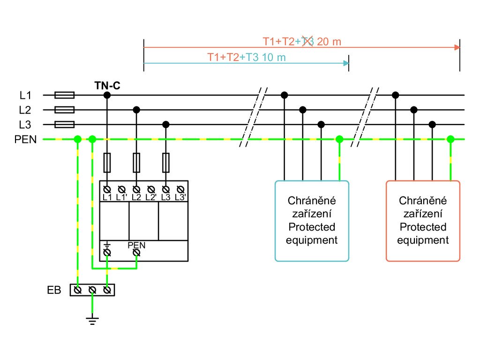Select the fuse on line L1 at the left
(x=64, y=95)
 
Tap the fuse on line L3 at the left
(x=64, y=124)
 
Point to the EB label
(x=54, y=290)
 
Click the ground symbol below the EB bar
(x=92, y=320)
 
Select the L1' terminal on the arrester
(x=121, y=189)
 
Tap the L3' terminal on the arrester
(x=180, y=189)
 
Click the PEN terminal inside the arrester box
(x=136, y=253)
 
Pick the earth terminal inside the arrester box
(x=107, y=253)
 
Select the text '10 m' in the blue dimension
(x=273, y=57)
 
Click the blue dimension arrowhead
(x=346, y=63)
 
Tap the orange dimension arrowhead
(x=457, y=47)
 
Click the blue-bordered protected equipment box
(x=312, y=220)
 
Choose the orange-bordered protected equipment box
(x=423, y=220)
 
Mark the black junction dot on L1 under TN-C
(x=107, y=95)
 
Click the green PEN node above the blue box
(x=339, y=139)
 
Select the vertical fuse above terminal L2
(x=136, y=163)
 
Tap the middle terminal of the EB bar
(x=92, y=290)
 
